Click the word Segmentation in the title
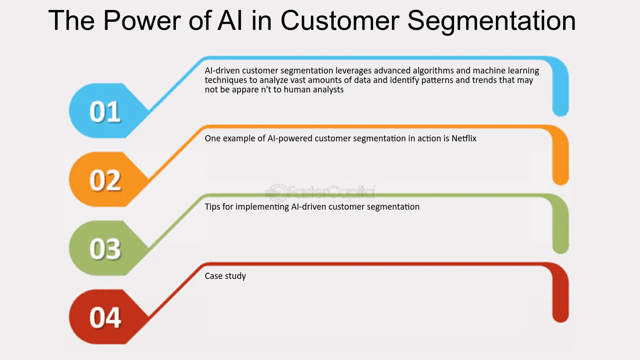click(x=492, y=21)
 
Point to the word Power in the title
click(x=142, y=20)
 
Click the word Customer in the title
click(x=340, y=20)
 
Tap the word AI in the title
click(x=230, y=20)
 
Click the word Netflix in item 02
click(x=464, y=138)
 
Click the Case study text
click(x=225, y=276)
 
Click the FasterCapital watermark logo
click(x=320, y=192)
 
